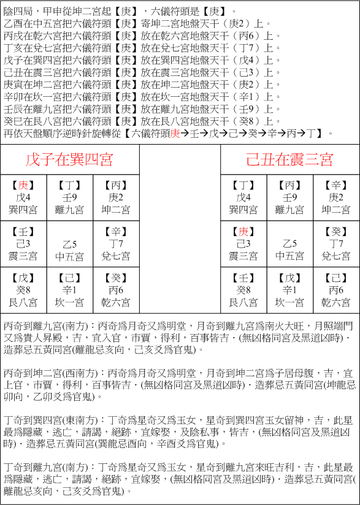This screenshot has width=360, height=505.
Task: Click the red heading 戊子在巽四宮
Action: pos(69,160)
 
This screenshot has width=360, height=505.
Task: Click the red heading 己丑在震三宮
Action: pos(289,160)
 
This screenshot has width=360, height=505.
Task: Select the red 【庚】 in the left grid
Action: pos(23,185)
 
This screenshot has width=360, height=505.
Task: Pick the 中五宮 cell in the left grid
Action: pos(69,256)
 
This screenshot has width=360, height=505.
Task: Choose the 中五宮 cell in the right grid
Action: pos(289,256)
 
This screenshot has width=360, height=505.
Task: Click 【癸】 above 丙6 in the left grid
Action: pos(115,278)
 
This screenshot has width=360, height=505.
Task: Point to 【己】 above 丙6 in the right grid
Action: pos(335,278)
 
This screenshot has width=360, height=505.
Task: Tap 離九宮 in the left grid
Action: pos(69,210)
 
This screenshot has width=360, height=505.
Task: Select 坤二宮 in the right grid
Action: pos(335,210)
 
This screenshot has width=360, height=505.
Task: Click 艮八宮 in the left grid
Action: pos(23,302)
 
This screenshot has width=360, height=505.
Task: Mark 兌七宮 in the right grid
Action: pos(335,256)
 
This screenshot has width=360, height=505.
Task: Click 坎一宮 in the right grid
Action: pos(289,302)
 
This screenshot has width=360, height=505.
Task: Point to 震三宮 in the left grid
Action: pos(23,256)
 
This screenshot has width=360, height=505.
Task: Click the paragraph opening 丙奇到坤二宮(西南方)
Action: pos(178,383)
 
